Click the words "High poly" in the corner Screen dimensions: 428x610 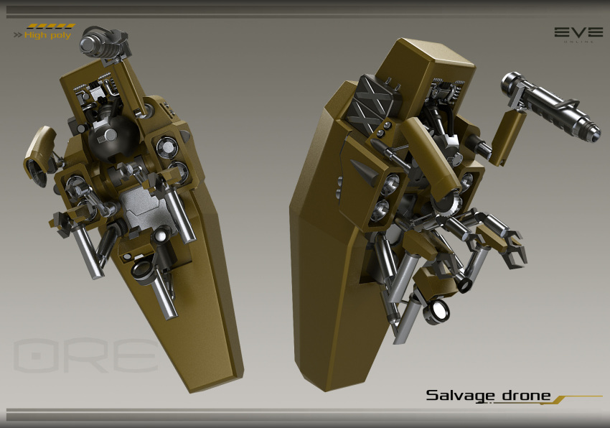48,35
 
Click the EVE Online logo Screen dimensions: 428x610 577,34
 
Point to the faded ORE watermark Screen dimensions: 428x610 86,355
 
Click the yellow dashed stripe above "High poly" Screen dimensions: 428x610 50,27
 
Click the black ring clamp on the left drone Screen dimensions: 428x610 142,269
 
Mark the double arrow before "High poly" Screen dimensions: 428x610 17,35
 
